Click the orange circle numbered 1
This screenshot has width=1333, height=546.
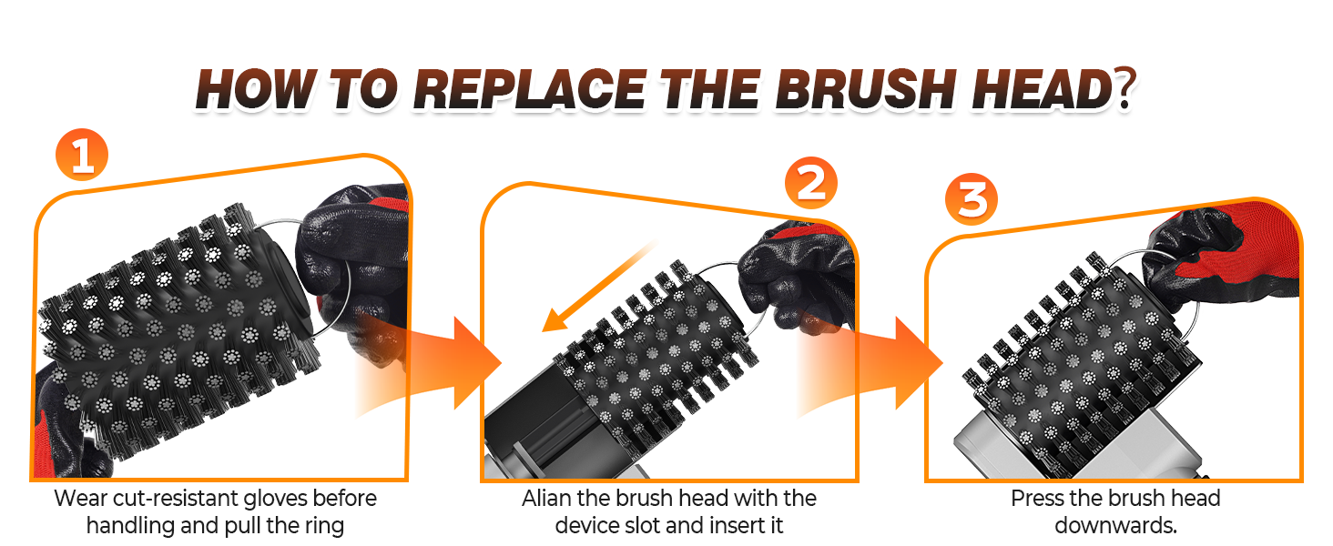point(82,155)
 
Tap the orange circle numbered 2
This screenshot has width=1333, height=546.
point(810,183)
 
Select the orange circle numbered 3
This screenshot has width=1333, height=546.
point(972,198)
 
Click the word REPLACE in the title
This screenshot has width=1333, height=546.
point(530,89)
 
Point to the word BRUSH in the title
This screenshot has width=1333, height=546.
point(866,89)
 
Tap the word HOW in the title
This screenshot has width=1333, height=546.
point(256,89)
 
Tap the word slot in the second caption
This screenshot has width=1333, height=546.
point(640,526)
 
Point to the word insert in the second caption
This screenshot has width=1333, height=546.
point(737,526)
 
